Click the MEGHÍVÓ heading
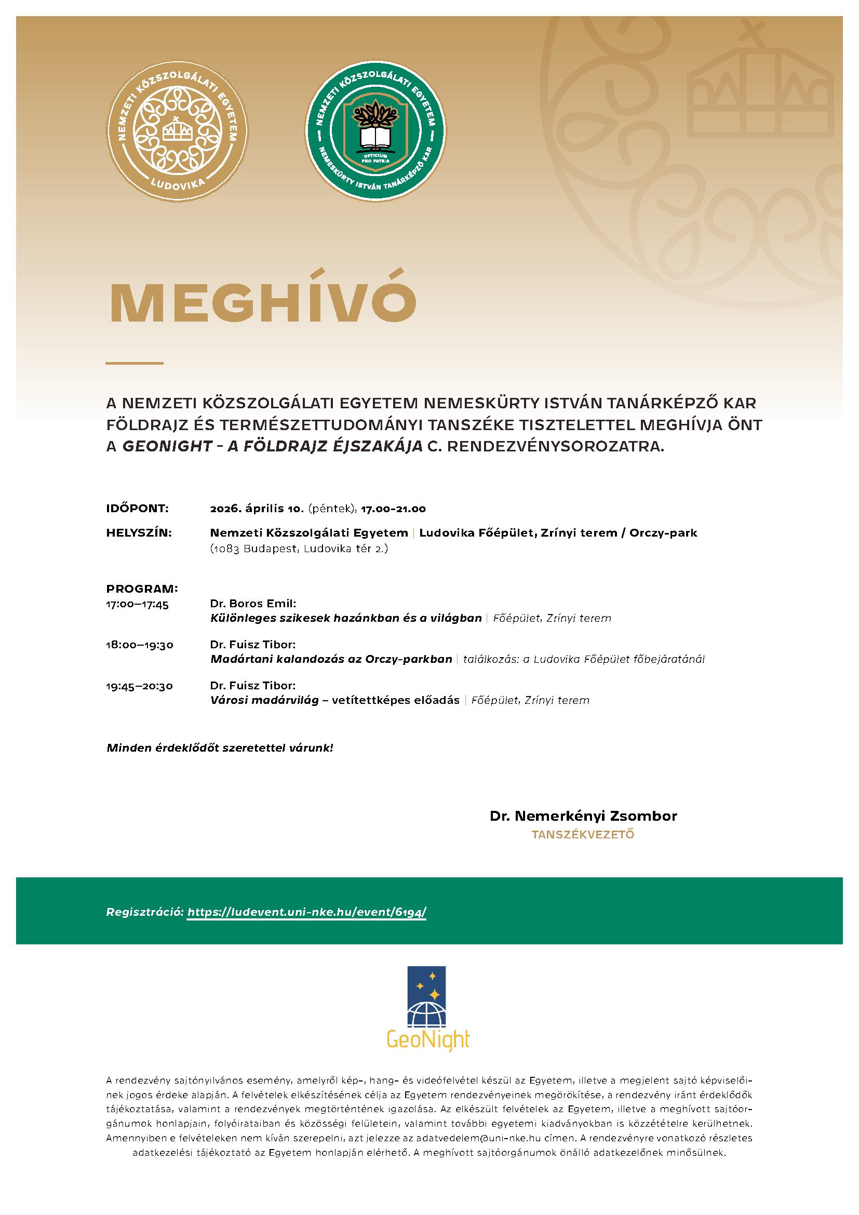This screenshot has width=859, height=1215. point(262,303)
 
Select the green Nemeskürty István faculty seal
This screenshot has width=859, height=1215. point(375,130)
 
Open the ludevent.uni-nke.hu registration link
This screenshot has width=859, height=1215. point(307,912)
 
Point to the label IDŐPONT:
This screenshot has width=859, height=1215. point(138,509)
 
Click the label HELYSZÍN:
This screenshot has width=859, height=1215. point(139,532)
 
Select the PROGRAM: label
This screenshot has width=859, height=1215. point(142,589)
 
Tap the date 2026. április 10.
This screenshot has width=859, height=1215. point(256,509)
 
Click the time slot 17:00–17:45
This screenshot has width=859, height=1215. point(138,604)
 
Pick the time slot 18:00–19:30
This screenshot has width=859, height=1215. point(140,645)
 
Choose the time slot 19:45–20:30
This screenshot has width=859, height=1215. point(140,686)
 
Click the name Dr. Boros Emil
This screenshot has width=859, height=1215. point(253,604)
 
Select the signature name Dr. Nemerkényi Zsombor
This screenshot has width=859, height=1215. point(583,816)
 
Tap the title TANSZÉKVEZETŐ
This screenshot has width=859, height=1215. point(583,835)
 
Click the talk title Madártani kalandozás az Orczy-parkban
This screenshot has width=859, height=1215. point(331,659)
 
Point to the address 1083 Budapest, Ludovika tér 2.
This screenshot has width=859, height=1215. point(299,549)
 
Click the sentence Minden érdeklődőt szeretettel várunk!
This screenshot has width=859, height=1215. point(220,748)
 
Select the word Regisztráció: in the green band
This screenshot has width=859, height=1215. point(145,912)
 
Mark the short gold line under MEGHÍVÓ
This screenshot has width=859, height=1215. point(135,364)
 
